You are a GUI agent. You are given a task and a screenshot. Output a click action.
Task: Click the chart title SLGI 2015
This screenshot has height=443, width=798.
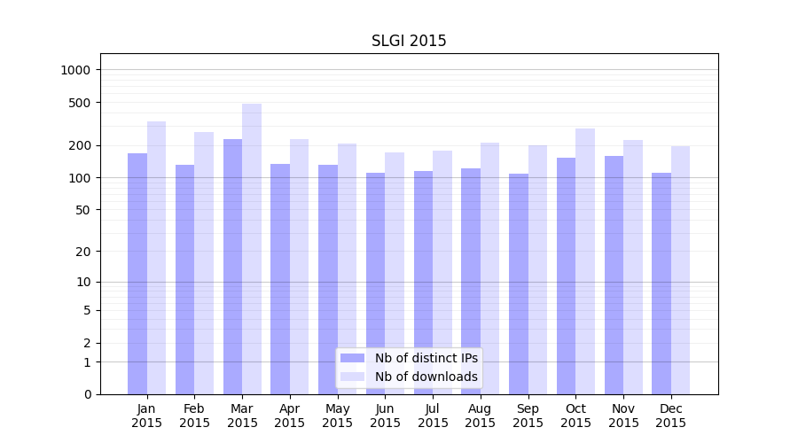point(409,41)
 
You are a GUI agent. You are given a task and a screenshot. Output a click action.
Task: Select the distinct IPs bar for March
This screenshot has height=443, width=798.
point(232,266)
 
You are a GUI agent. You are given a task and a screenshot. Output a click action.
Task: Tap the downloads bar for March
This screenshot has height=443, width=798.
point(252,248)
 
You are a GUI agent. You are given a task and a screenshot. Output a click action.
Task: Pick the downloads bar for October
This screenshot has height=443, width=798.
point(585,261)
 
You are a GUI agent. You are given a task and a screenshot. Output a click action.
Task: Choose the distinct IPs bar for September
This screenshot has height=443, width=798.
point(519,284)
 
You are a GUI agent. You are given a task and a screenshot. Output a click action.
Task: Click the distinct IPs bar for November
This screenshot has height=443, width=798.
point(614,275)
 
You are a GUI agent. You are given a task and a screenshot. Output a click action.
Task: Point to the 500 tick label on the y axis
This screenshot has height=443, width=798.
point(81,103)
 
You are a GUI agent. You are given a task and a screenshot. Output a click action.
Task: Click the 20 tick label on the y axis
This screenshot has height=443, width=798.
point(84,252)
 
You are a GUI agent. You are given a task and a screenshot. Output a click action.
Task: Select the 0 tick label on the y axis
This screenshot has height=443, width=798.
point(87,394)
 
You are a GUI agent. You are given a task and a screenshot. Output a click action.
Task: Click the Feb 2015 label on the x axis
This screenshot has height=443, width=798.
point(194,416)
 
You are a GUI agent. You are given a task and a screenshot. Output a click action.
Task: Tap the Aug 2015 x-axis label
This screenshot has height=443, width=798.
point(481,416)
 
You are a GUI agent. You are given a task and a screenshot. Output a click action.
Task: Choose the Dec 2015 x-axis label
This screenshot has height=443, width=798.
point(671,416)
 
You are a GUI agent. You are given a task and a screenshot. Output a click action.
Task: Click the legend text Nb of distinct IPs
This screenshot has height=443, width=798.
point(426,358)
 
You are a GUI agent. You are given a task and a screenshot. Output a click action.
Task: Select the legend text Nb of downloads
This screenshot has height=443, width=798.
point(426,377)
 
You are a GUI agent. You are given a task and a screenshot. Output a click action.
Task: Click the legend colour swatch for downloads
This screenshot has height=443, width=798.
point(352,377)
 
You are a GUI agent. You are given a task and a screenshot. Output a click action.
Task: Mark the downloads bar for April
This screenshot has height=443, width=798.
point(300,266)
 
